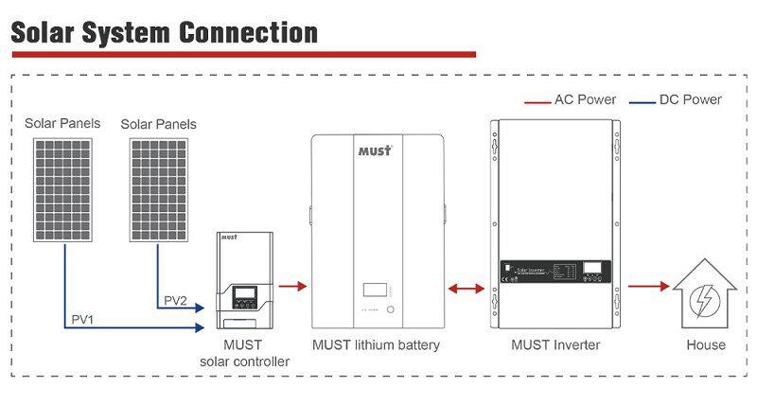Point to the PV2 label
[x=175, y=300]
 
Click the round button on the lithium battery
[x=389, y=309]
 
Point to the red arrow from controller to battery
[x=295, y=282]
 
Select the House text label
[x=705, y=344]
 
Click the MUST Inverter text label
[x=555, y=344]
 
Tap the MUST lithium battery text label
[x=376, y=344]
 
